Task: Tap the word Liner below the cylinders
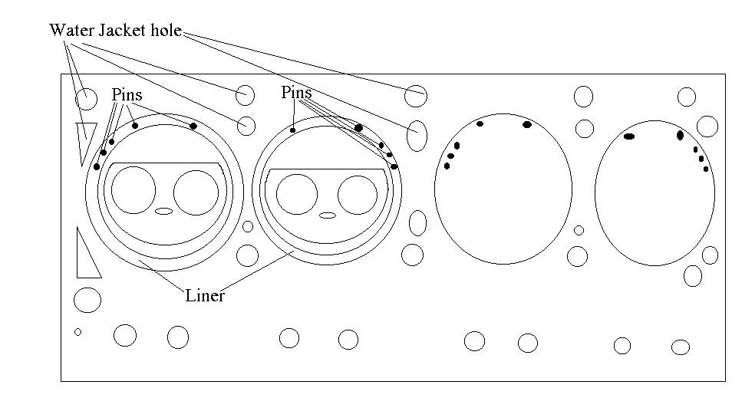click(x=205, y=295)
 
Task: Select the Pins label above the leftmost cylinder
click(x=127, y=95)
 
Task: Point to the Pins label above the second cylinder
click(x=296, y=93)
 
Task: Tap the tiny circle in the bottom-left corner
click(x=77, y=332)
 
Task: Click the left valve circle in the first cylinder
click(x=133, y=191)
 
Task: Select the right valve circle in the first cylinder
click(x=196, y=192)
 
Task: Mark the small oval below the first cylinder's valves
click(x=164, y=211)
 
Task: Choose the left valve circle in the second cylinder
click(x=297, y=194)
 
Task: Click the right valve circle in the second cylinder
click(x=358, y=195)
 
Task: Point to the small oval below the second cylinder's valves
click(x=328, y=215)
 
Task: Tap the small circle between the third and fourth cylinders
click(x=579, y=230)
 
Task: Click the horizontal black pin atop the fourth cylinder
click(x=629, y=136)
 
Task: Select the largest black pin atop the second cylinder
click(x=358, y=127)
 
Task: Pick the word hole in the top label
click(x=167, y=31)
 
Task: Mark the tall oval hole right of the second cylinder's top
click(x=417, y=136)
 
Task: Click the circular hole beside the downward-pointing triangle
click(x=87, y=99)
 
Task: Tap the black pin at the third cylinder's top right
click(x=526, y=124)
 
